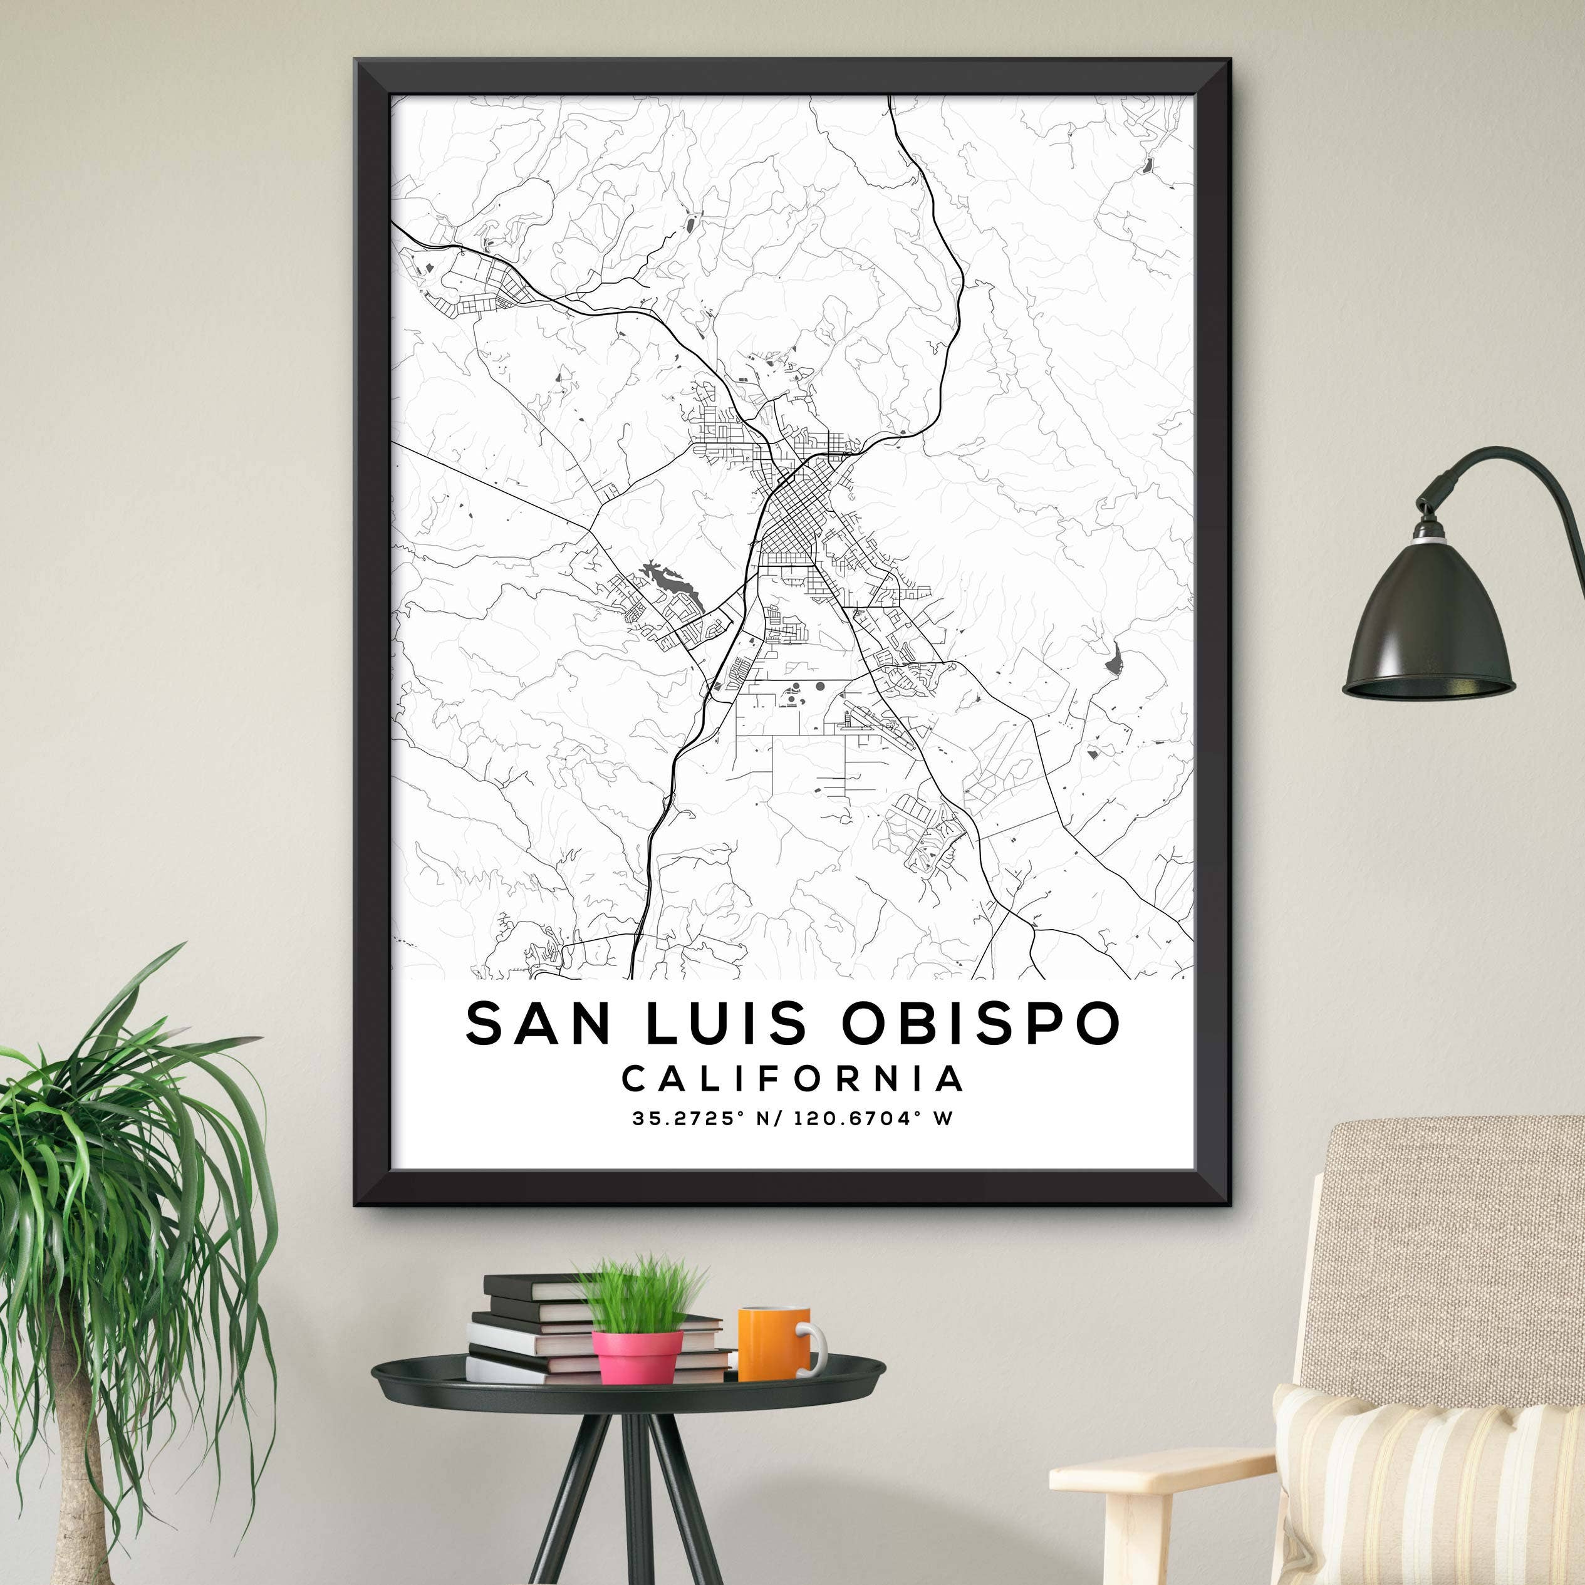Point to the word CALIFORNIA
[x=793, y=1079]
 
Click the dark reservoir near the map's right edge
[x=1113, y=658]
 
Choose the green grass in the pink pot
[x=640, y=1296]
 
